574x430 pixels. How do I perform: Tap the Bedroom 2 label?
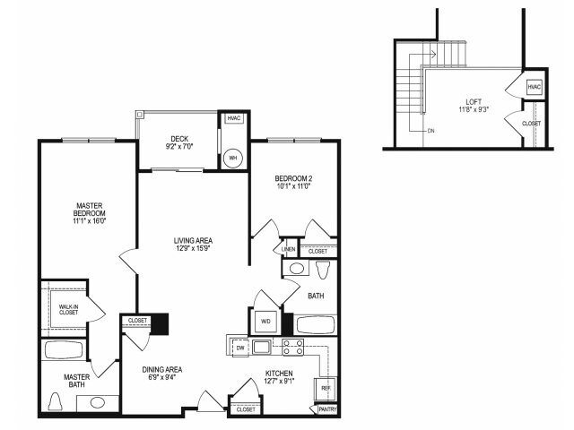pos(293,178)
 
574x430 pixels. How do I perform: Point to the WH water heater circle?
pos(233,158)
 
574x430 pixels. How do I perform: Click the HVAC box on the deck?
pos(233,118)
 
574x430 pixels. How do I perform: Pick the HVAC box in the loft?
pos(534,87)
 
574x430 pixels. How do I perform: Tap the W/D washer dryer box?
pos(266,321)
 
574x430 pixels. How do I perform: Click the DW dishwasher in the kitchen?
pos(239,348)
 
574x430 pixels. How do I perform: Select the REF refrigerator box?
pos(324,390)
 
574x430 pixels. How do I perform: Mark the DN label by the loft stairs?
pos(431,131)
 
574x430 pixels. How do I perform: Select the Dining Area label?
pos(162,369)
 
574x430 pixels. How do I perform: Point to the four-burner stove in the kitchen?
pos(293,348)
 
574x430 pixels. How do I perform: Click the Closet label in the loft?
pos(532,124)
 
